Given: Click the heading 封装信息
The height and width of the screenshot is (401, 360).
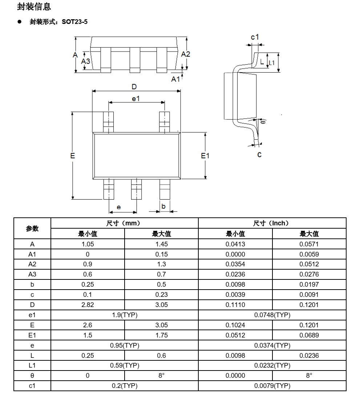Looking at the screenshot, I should coord(34,7).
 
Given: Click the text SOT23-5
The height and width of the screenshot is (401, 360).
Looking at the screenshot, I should coord(74,22).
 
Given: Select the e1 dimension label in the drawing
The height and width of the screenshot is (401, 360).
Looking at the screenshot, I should coord(135,99).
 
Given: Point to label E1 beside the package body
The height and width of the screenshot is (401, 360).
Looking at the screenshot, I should coord(205,156).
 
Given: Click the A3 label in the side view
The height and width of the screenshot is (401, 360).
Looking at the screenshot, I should coord(85,61).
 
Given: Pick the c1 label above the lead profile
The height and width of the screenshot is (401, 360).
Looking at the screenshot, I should coord(255,37).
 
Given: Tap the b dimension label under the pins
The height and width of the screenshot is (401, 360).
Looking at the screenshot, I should coord(163,206).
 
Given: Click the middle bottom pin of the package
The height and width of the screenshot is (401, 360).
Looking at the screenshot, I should coord(136,189).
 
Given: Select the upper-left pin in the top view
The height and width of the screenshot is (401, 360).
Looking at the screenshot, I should coord(108,122).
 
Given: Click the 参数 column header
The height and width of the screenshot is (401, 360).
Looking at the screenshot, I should coord(32,228).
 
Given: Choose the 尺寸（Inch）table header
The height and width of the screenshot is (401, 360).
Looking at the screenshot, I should coord(272,223).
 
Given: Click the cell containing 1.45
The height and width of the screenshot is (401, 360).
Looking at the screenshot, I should coord(161,244).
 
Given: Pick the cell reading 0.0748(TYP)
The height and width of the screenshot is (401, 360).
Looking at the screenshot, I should coord(272,315).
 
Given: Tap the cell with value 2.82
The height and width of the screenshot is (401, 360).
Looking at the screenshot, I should coord(88,305).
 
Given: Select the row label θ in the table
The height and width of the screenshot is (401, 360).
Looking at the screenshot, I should coord(32,376).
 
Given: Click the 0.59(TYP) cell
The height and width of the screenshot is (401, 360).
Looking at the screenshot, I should coord(125,365).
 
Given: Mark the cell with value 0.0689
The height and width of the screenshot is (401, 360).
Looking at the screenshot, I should coord(309,335).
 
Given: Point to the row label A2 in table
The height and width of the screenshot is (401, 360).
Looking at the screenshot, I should coord(32,264).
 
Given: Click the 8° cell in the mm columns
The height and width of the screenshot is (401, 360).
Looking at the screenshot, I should coord(161,376).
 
